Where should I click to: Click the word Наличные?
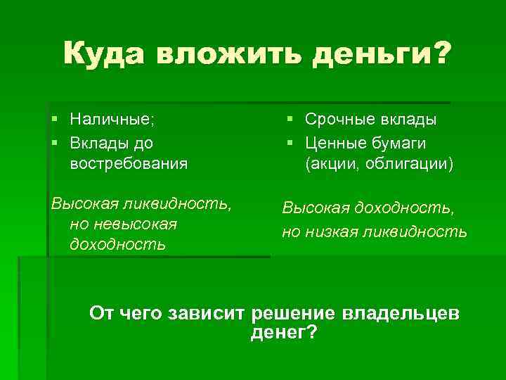pos(112,120)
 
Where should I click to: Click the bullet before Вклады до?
pos(56,142)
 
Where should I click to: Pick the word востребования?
pos(129,164)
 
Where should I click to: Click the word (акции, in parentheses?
pos(332,164)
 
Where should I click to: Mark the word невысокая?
pos(123,224)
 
